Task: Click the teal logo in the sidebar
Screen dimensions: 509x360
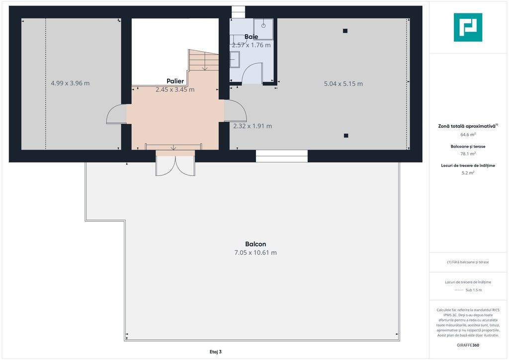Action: [x=468, y=27]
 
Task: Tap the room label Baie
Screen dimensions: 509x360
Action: [x=251, y=37]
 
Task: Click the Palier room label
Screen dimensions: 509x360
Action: [x=175, y=81]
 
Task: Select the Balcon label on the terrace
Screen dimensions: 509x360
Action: [x=255, y=244]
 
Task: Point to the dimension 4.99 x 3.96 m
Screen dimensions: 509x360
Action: [x=70, y=83]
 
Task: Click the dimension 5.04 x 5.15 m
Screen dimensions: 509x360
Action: [x=343, y=84]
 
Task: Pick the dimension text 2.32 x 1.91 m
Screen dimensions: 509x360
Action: [x=253, y=126]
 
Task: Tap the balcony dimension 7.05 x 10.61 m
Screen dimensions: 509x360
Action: [x=255, y=253]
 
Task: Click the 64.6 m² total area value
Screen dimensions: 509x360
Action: [x=468, y=134]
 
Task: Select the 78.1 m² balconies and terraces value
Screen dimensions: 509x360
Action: [x=468, y=154]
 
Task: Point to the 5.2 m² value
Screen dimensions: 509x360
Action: [x=468, y=173]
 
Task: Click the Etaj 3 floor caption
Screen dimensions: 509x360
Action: [x=216, y=352]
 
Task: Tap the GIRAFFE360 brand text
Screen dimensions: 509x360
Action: [x=468, y=345]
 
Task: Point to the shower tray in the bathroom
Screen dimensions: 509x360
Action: [x=263, y=29]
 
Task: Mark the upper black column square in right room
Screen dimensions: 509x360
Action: [x=345, y=31]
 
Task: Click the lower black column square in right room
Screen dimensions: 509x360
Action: [x=346, y=135]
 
